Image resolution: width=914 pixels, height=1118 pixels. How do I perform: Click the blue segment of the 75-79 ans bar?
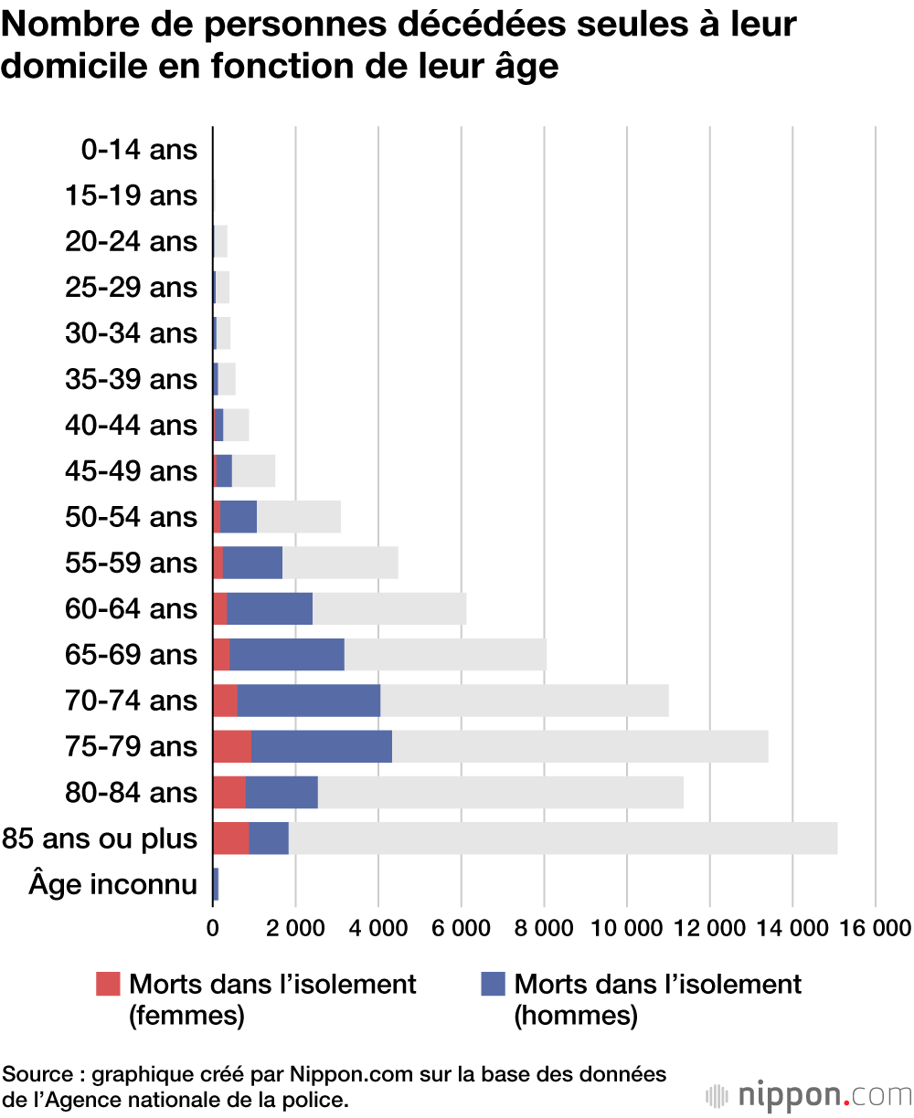point(322,746)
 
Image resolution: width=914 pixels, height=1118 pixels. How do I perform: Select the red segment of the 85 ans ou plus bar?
point(231,838)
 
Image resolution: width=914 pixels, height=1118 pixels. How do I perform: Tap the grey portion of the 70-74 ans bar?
point(524,701)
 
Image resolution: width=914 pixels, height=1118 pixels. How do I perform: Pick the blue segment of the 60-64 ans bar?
point(270,608)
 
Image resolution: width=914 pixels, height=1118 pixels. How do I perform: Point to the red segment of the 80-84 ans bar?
point(229,792)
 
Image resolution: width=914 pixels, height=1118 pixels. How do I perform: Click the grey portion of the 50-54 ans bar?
point(299,516)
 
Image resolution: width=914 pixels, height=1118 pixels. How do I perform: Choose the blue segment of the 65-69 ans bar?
point(287,654)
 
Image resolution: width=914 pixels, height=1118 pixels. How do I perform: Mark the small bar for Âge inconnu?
point(216,884)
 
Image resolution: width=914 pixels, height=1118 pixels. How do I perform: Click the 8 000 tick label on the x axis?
point(544,928)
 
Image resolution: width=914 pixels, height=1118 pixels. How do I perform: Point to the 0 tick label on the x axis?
point(213,928)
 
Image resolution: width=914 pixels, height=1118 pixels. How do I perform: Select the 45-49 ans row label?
point(131,470)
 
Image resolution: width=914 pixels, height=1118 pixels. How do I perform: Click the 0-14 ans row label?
point(139,150)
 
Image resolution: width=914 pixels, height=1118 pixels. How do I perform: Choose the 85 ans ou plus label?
point(100,838)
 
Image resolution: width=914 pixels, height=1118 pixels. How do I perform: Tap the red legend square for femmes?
point(108,984)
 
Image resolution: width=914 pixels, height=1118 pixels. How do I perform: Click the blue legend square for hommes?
point(493,984)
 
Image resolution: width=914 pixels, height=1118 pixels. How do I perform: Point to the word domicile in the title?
point(74,67)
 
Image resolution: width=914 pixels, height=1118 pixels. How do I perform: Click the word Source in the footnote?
point(37,1074)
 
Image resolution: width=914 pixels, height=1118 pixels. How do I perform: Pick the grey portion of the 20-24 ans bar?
point(220,241)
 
